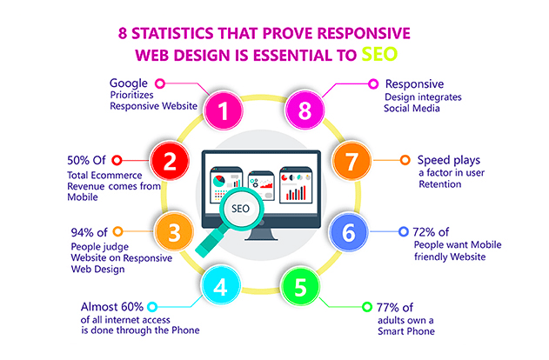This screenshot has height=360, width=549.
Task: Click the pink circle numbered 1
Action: point(224,110)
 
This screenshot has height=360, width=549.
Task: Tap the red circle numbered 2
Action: point(171,162)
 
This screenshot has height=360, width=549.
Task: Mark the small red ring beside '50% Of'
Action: point(117,160)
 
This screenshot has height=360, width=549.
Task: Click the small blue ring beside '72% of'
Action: point(403,232)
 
